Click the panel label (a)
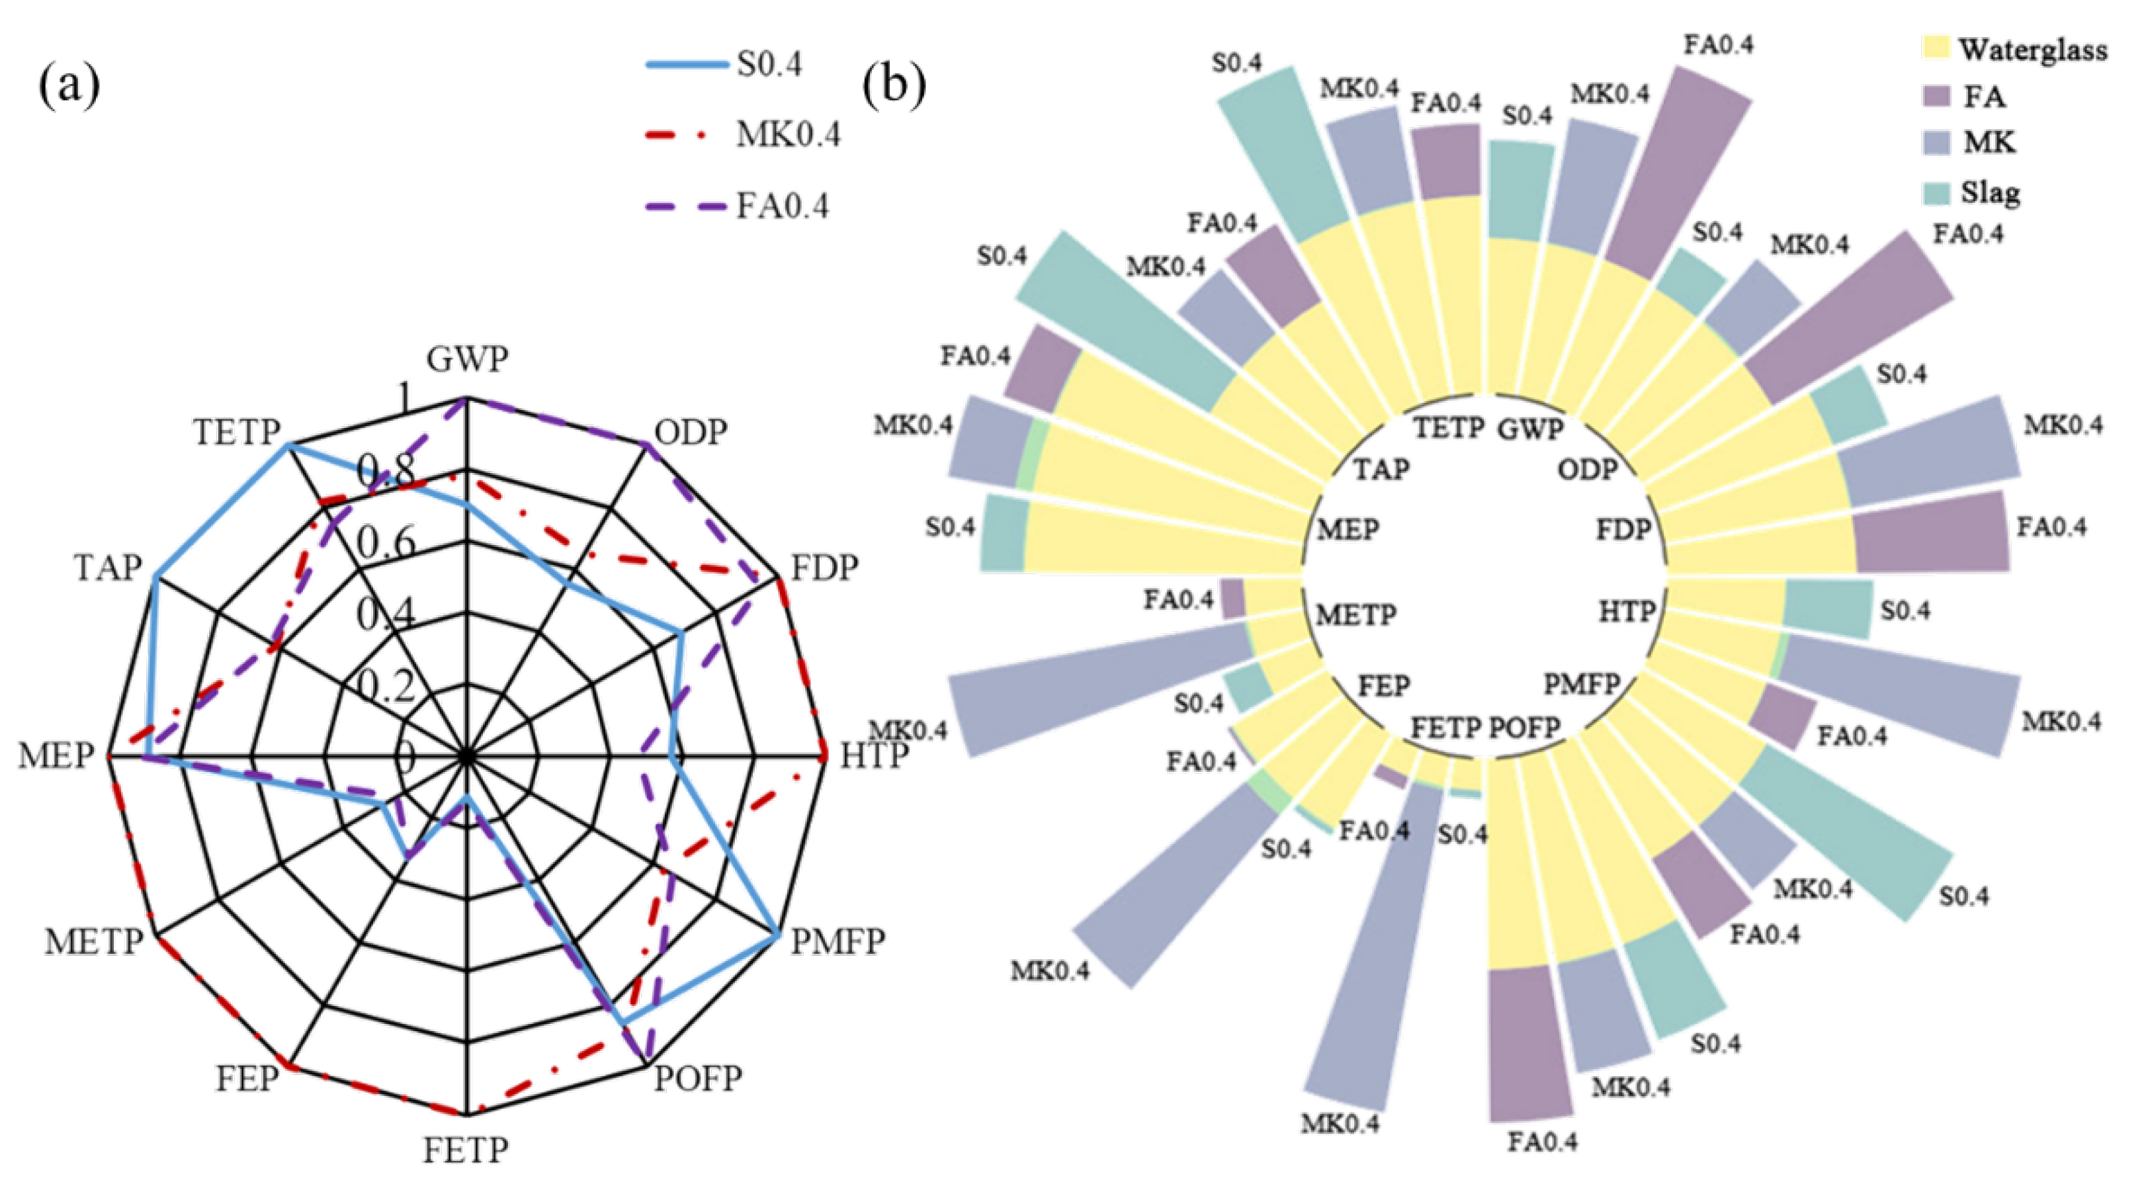tap(69, 85)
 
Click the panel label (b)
tap(894, 85)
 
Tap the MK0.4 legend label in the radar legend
tap(787, 134)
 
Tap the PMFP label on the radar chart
tap(837, 942)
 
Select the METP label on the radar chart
tap(94, 942)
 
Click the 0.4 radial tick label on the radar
tap(386, 615)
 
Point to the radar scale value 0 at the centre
tap(405, 757)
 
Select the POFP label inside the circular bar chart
tap(1524, 728)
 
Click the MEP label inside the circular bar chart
tap(1348, 530)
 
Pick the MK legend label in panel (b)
tap(1989, 143)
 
